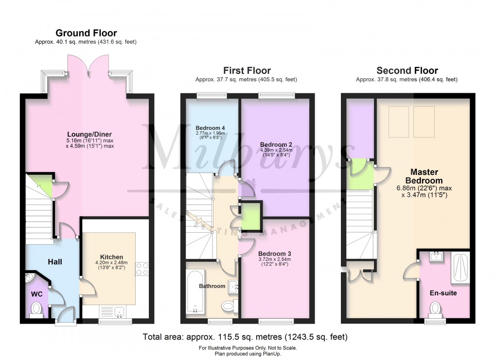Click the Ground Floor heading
tap(86, 33)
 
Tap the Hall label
tap(55, 262)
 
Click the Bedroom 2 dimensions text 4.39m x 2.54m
tap(276, 150)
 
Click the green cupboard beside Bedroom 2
tap(251, 214)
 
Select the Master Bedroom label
tap(424, 176)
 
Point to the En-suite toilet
tap(435, 308)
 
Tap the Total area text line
tap(245, 336)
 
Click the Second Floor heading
tap(407, 70)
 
